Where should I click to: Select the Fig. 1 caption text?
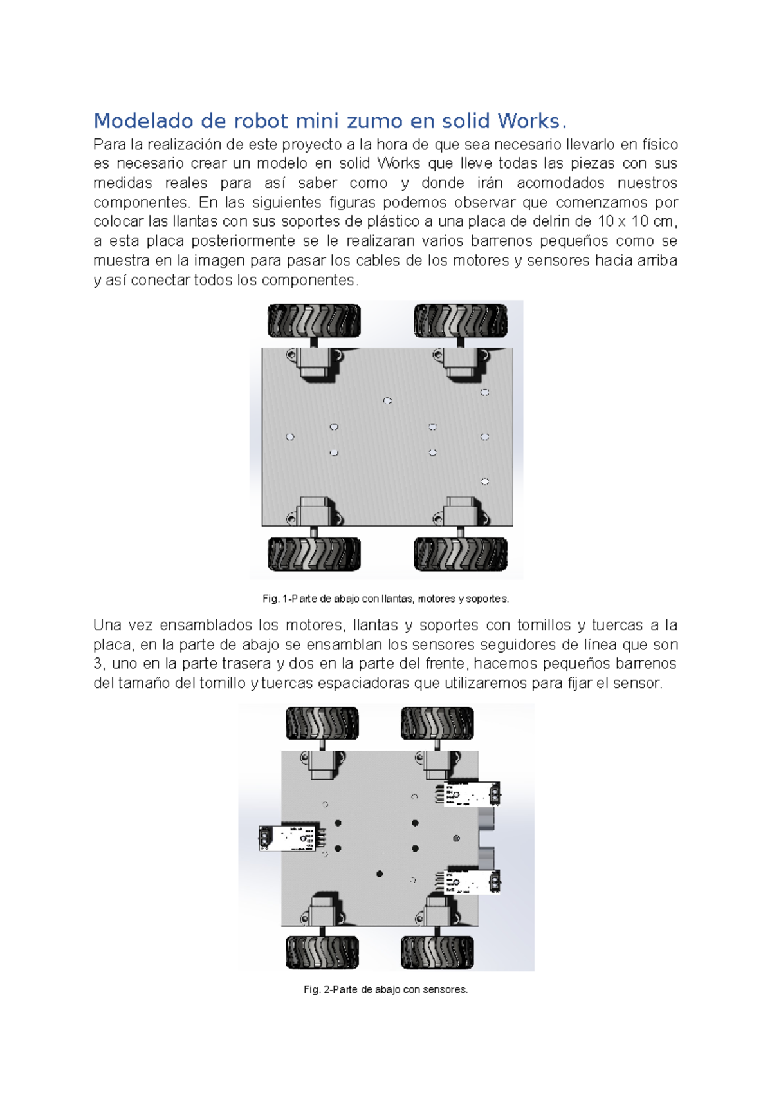tap(385, 599)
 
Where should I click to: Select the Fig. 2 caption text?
tap(385, 989)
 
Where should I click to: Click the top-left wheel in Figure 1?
tap(314, 321)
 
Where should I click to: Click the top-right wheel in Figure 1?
tap(460, 321)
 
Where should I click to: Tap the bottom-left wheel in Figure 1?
tap(314, 554)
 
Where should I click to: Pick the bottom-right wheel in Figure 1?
tap(460, 554)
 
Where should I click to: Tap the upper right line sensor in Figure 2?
tap(472, 794)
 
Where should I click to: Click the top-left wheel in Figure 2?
tap(322, 723)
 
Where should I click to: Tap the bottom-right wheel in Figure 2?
tap(437, 952)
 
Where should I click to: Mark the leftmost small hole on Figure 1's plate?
tap(290, 437)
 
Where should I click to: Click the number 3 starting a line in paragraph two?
tap(98, 664)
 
